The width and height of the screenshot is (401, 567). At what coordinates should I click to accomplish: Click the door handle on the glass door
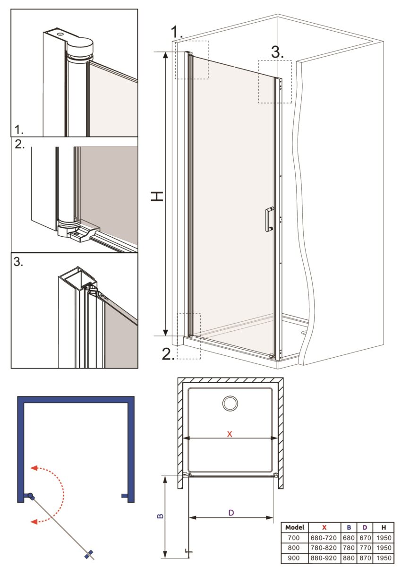click(269, 219)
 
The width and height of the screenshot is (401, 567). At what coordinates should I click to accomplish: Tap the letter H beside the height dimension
click(157, 196)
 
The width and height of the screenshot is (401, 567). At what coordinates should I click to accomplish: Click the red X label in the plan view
click(230, 434)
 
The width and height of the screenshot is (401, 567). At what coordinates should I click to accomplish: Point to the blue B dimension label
click(160, 516)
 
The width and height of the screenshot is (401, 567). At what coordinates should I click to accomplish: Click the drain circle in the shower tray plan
click(230, 403)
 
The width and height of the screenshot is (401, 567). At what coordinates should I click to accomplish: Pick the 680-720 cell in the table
click(324, 538)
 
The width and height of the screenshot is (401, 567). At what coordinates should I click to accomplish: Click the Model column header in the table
click(295, 527)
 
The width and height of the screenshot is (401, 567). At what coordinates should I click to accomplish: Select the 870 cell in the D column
click(365, 558)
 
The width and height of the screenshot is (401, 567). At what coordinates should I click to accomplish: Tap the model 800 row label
click(294, 548)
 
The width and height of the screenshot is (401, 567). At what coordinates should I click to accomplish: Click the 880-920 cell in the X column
click(324, 558)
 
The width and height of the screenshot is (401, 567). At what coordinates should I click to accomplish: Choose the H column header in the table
click(384, 527)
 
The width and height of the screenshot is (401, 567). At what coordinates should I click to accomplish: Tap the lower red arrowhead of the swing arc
click(34, 522)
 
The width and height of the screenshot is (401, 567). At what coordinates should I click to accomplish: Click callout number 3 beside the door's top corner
click(277, 52)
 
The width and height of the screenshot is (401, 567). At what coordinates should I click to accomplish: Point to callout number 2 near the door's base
click(168, 353)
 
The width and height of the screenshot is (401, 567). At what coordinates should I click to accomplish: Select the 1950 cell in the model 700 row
click(384, 538)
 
